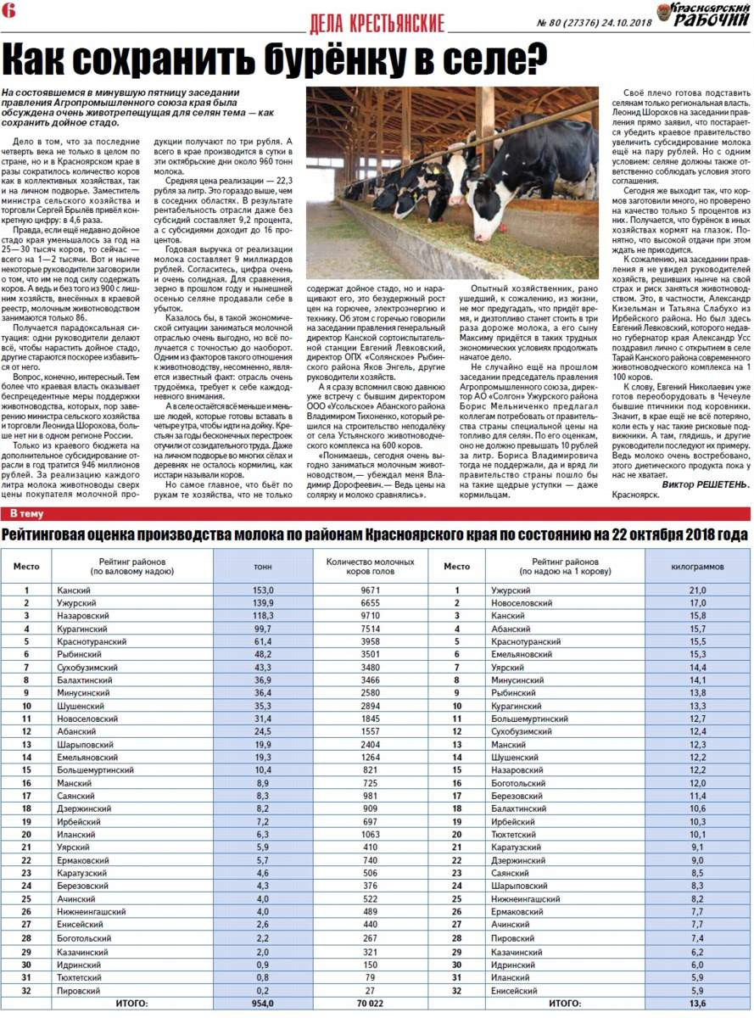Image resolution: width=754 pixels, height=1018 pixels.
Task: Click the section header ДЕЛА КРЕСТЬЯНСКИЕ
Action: click(377, 24)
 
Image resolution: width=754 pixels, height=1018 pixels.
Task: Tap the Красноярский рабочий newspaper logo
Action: click(709, 14)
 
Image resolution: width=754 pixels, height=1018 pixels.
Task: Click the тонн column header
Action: click(263, 565)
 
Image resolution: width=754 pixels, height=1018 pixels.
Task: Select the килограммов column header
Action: click(697, 565)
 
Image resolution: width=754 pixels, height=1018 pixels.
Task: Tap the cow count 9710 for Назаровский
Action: click(370, 616)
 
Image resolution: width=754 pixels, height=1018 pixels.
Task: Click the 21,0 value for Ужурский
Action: click(697, 590)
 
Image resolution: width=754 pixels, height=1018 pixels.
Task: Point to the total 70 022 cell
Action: click(370, 1004)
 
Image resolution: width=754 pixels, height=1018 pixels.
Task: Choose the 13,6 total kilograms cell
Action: click(697, 1004)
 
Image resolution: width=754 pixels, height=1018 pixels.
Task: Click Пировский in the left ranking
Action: click(81, 990)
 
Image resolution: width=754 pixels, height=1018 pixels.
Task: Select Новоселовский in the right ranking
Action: click(521, 603)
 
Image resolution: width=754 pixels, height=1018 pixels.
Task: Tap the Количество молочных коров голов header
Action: click(370, 565)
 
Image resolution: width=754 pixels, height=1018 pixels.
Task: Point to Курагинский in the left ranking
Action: click(82, 629)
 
